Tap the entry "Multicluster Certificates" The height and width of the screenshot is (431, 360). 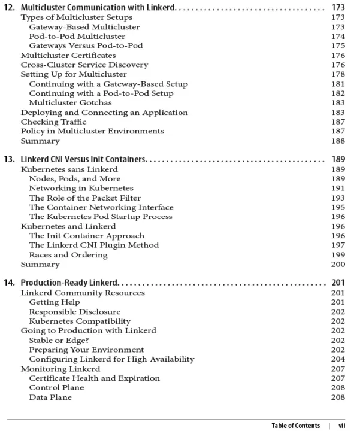tap(68, 55)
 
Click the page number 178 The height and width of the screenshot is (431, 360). tap(338, 74)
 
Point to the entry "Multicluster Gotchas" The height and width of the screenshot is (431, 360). tap(70, 102)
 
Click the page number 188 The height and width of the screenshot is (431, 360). tap(338, 141)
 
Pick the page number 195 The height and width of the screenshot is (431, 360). tap(338, 207)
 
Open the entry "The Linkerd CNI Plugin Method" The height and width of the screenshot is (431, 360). tap(94, 245)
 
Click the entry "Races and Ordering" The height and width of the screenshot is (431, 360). tap(68, 254)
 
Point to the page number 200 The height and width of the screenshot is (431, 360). tap(338, 264)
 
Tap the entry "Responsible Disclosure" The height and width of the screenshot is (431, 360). tap(75, 311)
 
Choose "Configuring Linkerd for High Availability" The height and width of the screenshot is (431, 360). tap(111, 359)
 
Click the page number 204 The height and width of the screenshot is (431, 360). tap(338, 359)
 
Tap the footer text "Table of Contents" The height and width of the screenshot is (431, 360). tap(295, 426)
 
